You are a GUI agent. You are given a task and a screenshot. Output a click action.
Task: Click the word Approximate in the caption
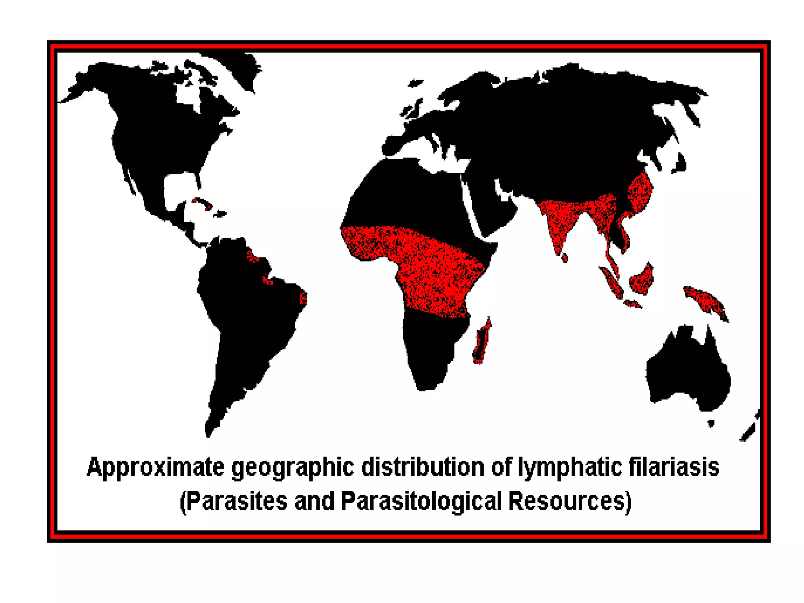[x=155, y=467]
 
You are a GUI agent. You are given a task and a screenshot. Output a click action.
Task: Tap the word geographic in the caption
[x=292, y=467]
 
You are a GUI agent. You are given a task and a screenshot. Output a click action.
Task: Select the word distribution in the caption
[x=422, y=467]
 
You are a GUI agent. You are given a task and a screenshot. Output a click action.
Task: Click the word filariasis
[x=674, y=467]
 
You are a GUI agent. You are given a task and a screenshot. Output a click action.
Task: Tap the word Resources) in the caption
[x=570, y=501]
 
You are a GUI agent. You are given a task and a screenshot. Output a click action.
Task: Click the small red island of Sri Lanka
[x=565, y=258]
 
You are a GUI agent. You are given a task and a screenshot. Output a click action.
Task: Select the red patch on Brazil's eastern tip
[x=303, y=298]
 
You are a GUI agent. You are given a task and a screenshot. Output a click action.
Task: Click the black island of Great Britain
[x=411, y=108]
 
